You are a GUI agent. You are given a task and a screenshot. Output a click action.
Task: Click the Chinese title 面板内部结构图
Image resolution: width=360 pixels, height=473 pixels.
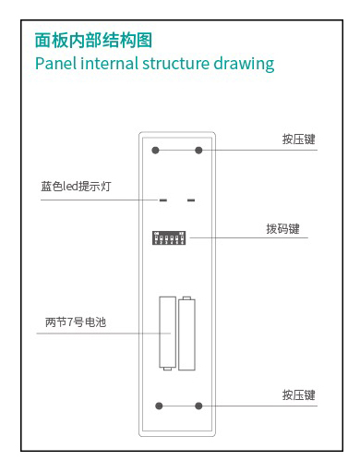[x=93, y=41]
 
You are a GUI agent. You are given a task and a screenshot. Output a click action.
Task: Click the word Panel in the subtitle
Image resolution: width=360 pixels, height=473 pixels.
[x=55, y=63]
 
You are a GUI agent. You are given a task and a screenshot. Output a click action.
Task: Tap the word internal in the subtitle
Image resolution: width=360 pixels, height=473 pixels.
[x=109, y=63]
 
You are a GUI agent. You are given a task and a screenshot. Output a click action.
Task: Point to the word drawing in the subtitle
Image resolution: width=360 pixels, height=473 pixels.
[x=244, y=64]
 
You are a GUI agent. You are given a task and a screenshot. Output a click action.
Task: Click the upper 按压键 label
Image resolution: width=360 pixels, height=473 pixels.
[x=298, y=139]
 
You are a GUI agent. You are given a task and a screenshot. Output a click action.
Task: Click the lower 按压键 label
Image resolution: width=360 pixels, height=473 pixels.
[x=298, y=395]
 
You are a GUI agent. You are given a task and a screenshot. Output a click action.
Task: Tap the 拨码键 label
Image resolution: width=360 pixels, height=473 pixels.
[x=282, y=229]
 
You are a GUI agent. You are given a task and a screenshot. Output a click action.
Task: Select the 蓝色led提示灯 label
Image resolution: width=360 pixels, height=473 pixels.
[x=76, y=187]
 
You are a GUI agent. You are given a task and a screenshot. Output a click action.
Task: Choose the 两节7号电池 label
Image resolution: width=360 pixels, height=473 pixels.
[x=76, y=322]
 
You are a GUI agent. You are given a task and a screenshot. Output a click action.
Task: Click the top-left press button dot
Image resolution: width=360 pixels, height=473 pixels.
[x=156, y=151]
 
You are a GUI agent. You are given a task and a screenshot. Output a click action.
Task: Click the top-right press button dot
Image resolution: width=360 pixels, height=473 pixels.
[x=198, y=151]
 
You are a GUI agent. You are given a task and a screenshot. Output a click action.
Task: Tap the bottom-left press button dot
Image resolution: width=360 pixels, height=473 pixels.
[x=159, y=406]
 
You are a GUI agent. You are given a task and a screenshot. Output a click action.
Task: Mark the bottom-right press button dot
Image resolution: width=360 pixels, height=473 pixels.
[x=198, y=406]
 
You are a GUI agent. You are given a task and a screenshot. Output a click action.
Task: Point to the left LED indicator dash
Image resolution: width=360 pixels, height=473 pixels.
[x=163, y=200]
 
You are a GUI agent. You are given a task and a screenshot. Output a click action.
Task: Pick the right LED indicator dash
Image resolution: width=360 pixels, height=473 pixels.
[x=191, y=200]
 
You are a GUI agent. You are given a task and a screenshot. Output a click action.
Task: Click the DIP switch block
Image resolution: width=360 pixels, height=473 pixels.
[x=169, y=238]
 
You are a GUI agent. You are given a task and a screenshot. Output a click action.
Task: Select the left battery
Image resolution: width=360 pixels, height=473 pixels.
[x=167, y=334]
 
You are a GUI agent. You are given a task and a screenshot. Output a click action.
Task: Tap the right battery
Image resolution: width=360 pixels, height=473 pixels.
[x=186, y=334]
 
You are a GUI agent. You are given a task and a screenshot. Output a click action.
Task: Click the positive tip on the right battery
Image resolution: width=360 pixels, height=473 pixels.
[x=186, y=297]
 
